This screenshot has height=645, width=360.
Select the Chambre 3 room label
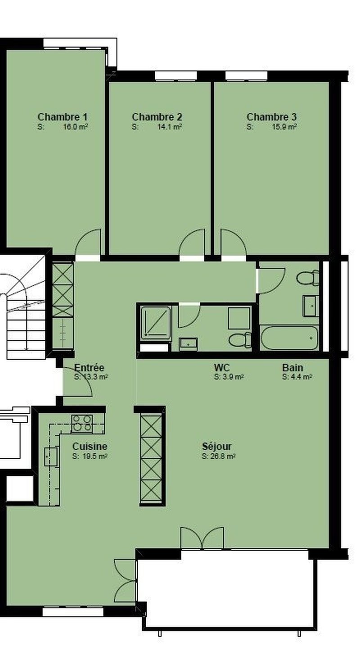pos(271,117)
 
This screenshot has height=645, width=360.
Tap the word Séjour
pos(217,447)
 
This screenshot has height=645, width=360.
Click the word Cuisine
pos(90,447)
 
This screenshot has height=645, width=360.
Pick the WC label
pos(222,367)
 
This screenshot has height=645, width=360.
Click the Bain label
pos(292,367)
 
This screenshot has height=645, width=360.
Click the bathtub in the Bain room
pos(289,338)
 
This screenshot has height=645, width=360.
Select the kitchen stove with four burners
pos(82,423)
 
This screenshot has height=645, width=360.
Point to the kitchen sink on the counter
pos(50,456)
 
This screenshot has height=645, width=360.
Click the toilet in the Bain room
pos(308,278)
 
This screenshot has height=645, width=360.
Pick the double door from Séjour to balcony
pos(202,538)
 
